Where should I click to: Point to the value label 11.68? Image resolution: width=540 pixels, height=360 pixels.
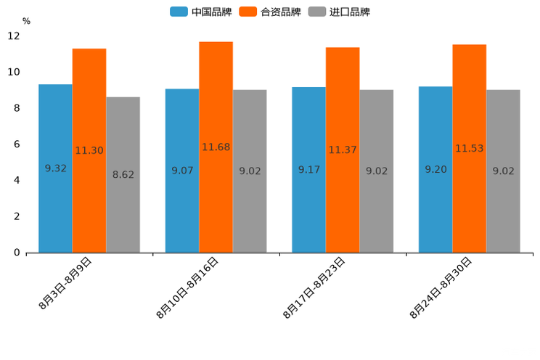click(216, 147)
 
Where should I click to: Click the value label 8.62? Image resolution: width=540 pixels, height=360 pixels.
click(123, 175)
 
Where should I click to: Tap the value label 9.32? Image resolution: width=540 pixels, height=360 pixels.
click(55, 168)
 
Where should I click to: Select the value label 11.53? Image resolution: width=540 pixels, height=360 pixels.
click(469, 149)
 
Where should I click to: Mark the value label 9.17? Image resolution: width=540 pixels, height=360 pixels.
click(308, 170)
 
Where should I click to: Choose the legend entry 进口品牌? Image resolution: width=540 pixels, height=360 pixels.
click(339, 12)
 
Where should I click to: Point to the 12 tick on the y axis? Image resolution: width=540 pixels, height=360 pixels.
click(14, 36)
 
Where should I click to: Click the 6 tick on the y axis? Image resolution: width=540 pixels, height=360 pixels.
click(17, 144)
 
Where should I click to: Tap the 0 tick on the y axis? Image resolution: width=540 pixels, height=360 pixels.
click(17, 253)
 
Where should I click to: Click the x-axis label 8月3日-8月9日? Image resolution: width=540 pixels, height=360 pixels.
click(65, 284)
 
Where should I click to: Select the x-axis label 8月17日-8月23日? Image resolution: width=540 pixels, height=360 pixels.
click(314, 288)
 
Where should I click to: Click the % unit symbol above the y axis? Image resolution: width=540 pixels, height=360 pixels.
click(26, 21)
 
